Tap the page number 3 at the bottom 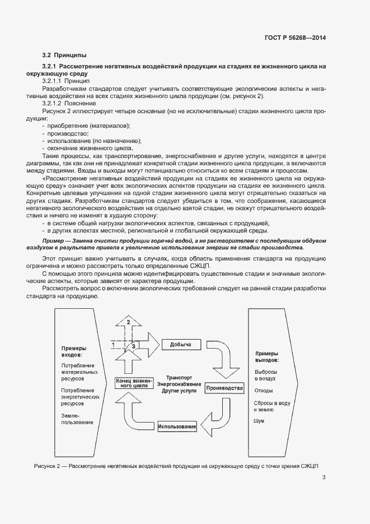coord(324,477)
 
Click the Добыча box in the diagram coord(181,344)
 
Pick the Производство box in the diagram coord(224,388)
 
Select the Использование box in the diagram coord(177,427)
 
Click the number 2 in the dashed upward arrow coord(128,322)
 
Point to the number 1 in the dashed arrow coord(114,344)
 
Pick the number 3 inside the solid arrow coord(133,347)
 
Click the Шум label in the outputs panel coord(259,421)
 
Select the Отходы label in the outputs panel coord(264,391)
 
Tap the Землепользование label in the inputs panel coord(70,419)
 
